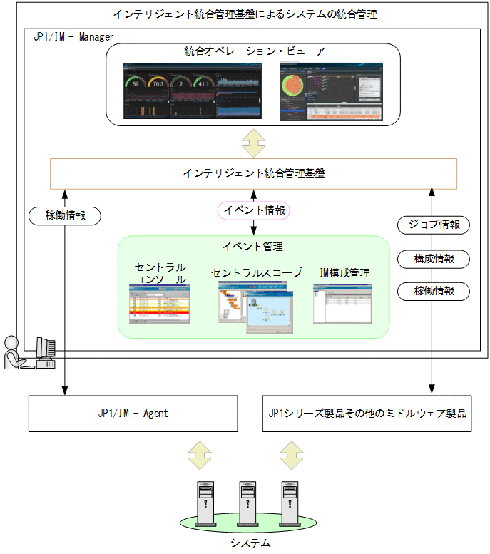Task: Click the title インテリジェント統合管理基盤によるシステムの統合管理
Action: coord(245,14)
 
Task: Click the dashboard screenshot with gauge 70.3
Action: coord(193,91)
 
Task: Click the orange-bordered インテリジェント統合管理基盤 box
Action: coord(253,173)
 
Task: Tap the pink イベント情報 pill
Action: coord(254,210)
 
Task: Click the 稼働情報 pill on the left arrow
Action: coord(65,215)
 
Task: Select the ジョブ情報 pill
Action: coord(434,225)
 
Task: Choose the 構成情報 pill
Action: coord(434,259)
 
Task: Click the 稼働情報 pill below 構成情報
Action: coord(434,291)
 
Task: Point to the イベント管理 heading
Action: coord(253,247)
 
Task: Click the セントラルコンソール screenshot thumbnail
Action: coord(160,304)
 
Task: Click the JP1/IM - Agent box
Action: coord(133,413)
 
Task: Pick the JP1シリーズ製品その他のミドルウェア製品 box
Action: coord(367,413)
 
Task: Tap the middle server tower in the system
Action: coord(247,502)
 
